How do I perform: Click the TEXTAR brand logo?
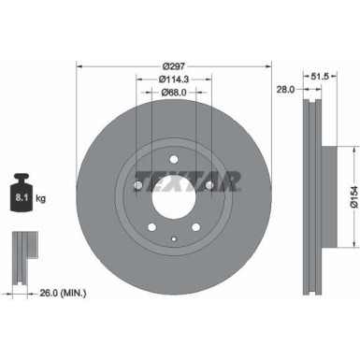(x=187, y=180)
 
